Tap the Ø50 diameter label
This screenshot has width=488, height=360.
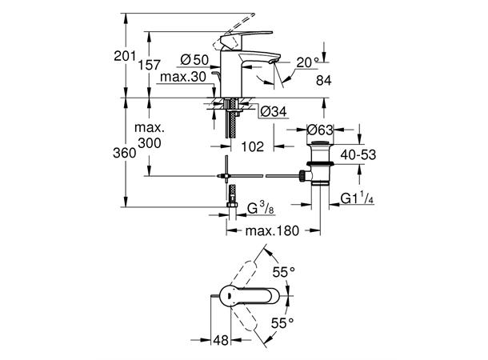click(x=195, y=59)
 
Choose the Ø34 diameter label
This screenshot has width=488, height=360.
click(x=274, y=111)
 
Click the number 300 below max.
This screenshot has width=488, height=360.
click(x=149, y=142)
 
